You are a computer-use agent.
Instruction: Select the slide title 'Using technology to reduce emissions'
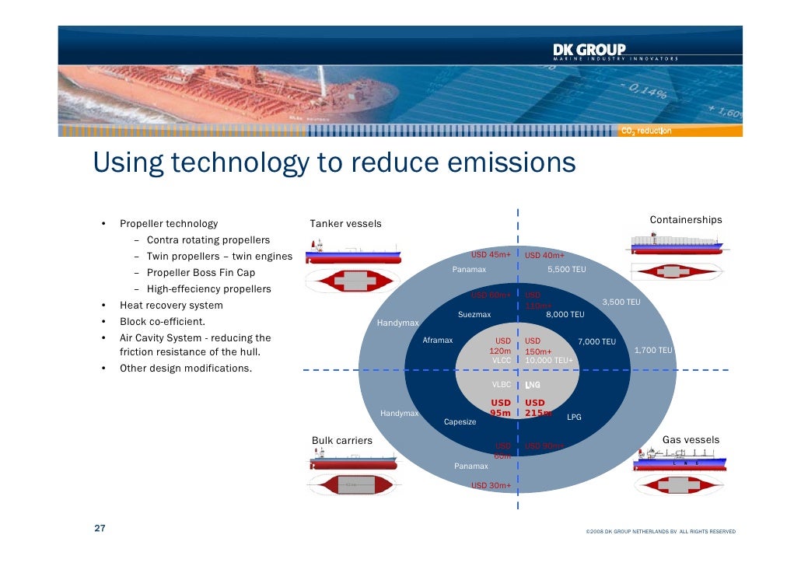click(334, 162)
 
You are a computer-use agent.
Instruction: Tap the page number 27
click(100, 529)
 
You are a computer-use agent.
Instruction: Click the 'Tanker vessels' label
click(345, 224)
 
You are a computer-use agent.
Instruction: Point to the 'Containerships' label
click(685, 220)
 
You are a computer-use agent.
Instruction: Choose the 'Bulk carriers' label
click(341, 441)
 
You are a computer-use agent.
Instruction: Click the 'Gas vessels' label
click(690, 440)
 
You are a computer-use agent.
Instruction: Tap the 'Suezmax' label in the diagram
click(474, 315)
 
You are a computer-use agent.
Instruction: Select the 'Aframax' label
click(437, 341)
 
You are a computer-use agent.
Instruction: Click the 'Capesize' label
click(460, 422)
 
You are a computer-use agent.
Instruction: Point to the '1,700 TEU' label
click(653, 351)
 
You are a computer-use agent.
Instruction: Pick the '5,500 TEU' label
click(566, 270)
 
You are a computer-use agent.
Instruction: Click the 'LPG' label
click(574, 418)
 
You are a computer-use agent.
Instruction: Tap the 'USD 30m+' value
click(491, 486)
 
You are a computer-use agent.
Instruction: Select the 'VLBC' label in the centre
click(502, 385)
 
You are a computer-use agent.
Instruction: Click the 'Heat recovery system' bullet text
click(171, 306)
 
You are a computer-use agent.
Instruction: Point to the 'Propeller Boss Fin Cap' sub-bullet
click(201, 273)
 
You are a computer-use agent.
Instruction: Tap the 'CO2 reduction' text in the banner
click(645, 131)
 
